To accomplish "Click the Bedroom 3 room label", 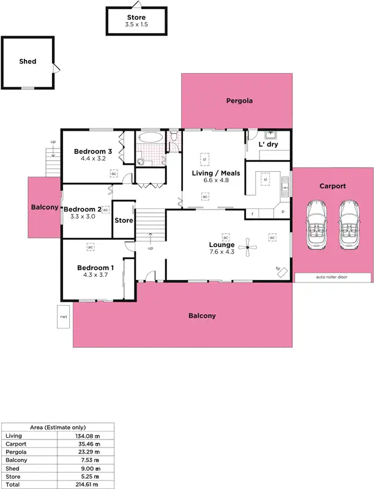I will tap(93, 151).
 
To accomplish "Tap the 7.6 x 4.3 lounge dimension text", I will tap(221, 251).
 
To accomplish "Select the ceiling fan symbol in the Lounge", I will tap(249, 248).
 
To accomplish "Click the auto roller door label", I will tap(333, 278).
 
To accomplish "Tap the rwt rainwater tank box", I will tap(64, 317).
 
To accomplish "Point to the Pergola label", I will tap(239, 101).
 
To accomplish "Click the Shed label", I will tap(28, 62).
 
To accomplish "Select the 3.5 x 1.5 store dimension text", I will tap(136, 26).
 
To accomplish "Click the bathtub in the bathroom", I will tap(150, 138).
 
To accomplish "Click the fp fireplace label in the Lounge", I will tap(278, 268).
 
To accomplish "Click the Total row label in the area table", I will tap(13, 483).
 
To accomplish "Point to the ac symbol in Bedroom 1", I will tap(91, 247).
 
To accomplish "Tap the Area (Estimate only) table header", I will tap(57, 427).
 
